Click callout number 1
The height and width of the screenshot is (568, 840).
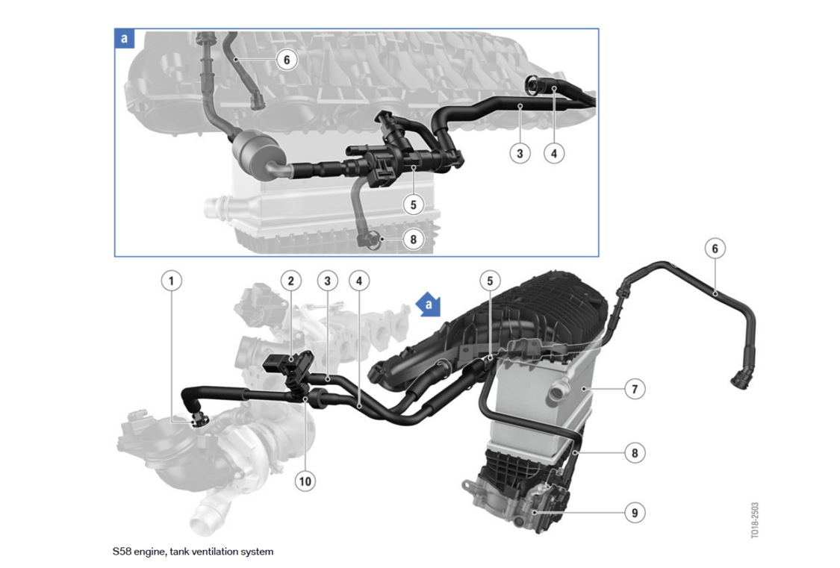pyautogui.click(x=172, y=281)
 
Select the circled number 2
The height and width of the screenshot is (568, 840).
pyautogui.click(x=291, y=281)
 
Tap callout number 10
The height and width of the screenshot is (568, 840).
pyautogui.click(x=305, y=481)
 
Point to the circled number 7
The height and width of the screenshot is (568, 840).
pyautogui.click(x=635, y=389)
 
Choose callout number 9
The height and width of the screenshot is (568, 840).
pyautogui.click(x=635, y=513)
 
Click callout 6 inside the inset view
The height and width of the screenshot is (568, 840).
pyautogui.click(x=287, y=60)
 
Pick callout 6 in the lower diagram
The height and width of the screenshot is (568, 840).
pyautogui.click(x=715, y=249)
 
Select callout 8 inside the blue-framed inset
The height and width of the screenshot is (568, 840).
pyautogui.click(x=413, y=240)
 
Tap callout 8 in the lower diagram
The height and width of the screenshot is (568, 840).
pyautogui.click(x=635, y=453)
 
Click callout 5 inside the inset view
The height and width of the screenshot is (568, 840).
pyautogui.click(x=413, y=205)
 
